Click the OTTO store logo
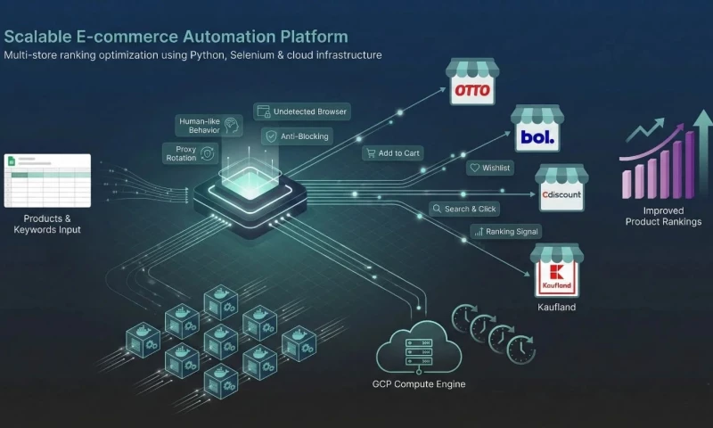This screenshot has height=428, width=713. (x=472, y=91)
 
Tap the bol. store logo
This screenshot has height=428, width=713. (x=537, y=138)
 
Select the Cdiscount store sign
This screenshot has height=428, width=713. (x=561, y=196)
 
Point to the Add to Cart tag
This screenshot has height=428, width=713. (x=392, y=153)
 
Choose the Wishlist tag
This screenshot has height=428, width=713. (x=490, y=168)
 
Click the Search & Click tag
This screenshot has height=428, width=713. (x=463, y=209)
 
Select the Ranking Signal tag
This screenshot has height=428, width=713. (x=506, y=231)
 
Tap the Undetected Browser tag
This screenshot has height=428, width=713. (x=301, y=111)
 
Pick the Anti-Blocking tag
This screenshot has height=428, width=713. (x=298, y=136)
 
